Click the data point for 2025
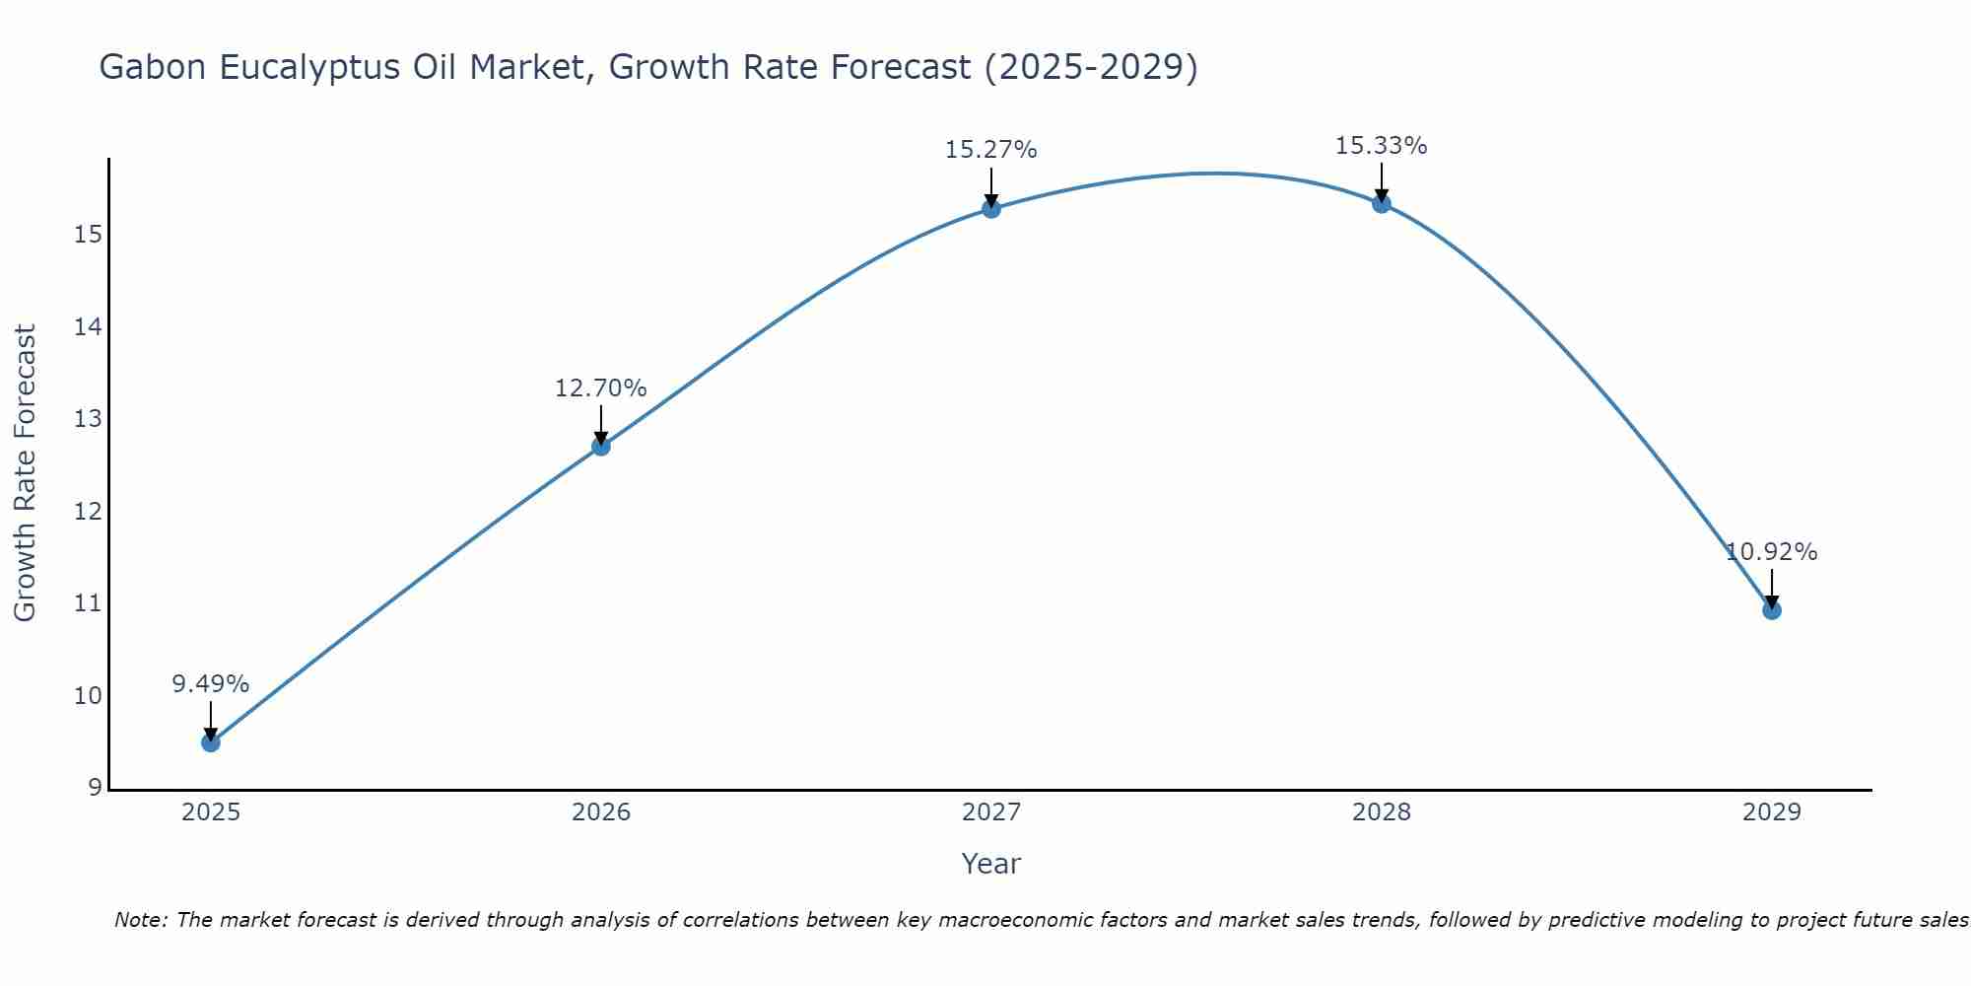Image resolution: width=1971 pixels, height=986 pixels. (211, 742)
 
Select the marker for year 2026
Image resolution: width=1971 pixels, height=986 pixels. (601, 446)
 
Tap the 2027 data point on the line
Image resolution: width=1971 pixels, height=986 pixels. (991, 208)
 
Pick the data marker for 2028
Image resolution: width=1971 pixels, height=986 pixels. (1382, 203)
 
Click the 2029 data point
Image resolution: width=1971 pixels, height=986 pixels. (1772, 610)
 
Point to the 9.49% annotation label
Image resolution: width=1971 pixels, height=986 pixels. (211, 684)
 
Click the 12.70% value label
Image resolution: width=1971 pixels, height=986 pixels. (601, 388)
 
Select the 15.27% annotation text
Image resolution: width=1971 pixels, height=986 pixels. (991, 150)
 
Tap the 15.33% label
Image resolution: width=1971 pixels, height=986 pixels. (1382, 146)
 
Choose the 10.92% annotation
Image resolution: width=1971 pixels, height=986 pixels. (1772, 552)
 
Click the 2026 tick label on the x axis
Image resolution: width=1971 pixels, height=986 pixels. (601, 812)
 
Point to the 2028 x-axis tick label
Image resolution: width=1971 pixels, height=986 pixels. (1382, 812)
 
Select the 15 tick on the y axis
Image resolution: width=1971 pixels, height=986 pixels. (89, 235)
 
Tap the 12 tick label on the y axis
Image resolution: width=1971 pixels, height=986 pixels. (89, 512)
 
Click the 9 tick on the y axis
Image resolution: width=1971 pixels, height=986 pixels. (95, 788)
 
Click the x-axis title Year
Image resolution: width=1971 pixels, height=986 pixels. (991, 864)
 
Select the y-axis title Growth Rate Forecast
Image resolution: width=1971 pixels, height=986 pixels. (26, 473)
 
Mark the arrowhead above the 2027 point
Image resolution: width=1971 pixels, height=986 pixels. (991, 200)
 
